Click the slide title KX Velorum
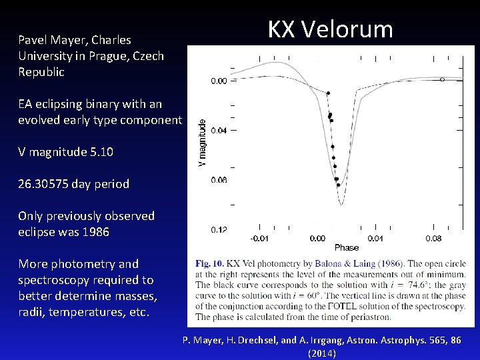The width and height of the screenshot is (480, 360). tap(330, 30)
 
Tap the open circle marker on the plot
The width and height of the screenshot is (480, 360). tap(442, 79)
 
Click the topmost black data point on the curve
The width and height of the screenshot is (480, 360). tap(328, 93)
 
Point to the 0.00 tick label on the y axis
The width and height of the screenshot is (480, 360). tap(219, 81)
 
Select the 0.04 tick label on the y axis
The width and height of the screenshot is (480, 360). tap(219, 131)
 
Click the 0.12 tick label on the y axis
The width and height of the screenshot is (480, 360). tap(219, 230)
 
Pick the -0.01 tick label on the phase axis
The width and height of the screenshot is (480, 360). tap(259, 238)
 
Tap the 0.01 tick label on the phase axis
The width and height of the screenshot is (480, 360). tap(376, 238)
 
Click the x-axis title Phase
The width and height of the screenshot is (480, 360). tap(346, 248)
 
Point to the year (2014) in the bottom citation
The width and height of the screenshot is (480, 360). tap(322, 353)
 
